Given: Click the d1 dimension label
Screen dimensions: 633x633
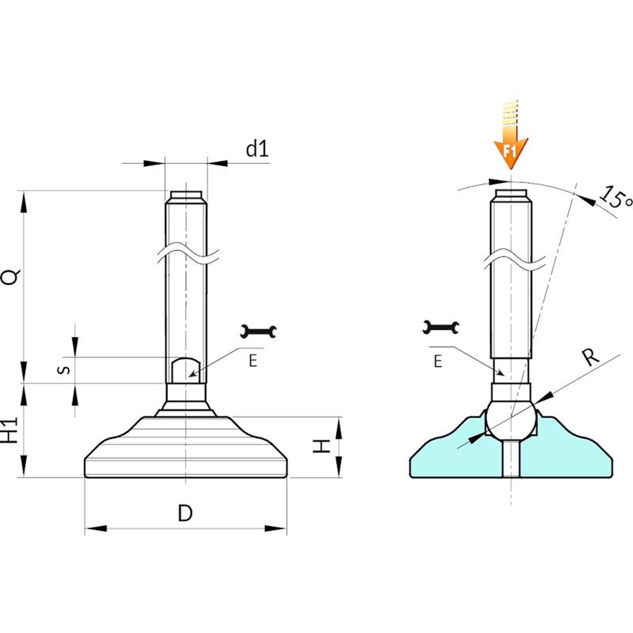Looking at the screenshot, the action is pyautogui.click(x=257, y=149).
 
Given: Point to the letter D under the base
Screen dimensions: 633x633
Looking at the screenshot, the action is pyautogui.click(x=185, y=514).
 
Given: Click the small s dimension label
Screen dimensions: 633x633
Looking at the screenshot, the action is pyautogui.click(x=64, y=370).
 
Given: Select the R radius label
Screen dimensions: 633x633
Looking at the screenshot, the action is pyautogui.click(x=591, y=357).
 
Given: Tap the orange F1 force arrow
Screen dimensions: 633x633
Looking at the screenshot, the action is pyautogui.click(x=510, y=135).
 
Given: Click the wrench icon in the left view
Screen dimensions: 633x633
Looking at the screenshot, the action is pyautogui.click(x=258, y=332).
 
